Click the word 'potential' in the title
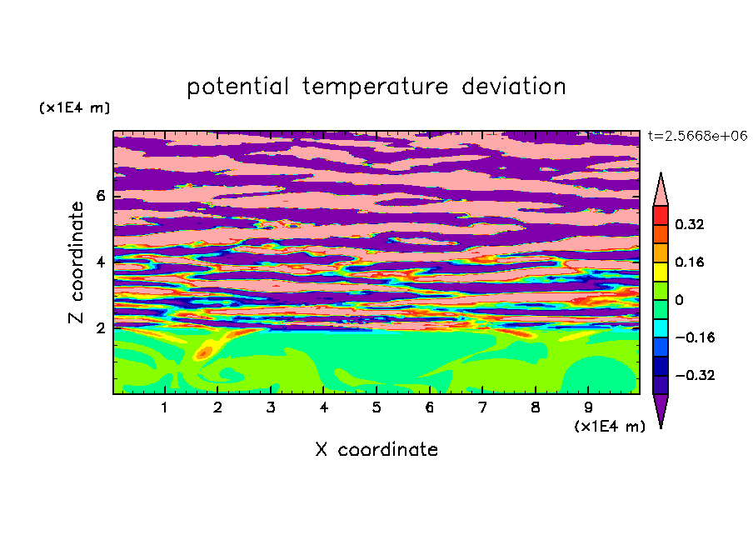pyautogui.click(x=237, y=87)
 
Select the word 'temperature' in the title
pyautogui.click(x=375, y=87)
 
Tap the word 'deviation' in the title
pyautogui.click(x=514, y=87)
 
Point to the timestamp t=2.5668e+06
pyautogui.click(x=697, y=136)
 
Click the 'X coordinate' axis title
pyautogui.click(x=376, y=449)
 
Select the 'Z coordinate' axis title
pyautogui.click(x=77, y=262)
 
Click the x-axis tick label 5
pyautogui.click(x=376, y=407)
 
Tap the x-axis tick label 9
pyautogui.click(x=588, y=407)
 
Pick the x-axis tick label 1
pyautogui.click(x=164, y=407)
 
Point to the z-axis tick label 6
pyautogui.click(x=100, y=196)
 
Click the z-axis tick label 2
pyautogui.click(x=100, y=327)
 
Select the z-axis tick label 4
pyautogui.click(x=100, y=262)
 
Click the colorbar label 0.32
pyautogui.click(x=689, y=224)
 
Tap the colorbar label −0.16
pyautogui.click(x=695, y=337)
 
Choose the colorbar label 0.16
pyautogui.click(x=689, y=262)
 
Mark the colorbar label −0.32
pyautogui.click(x=695, y=375)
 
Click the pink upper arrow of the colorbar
pyautogui.click(x=661, y=192)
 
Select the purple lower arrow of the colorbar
pyautogui.click(x=661, y=407)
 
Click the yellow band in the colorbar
pyautogui.click(x=661, y=272)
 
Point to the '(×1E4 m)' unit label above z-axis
pyautogui.click(x=74, y=107)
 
